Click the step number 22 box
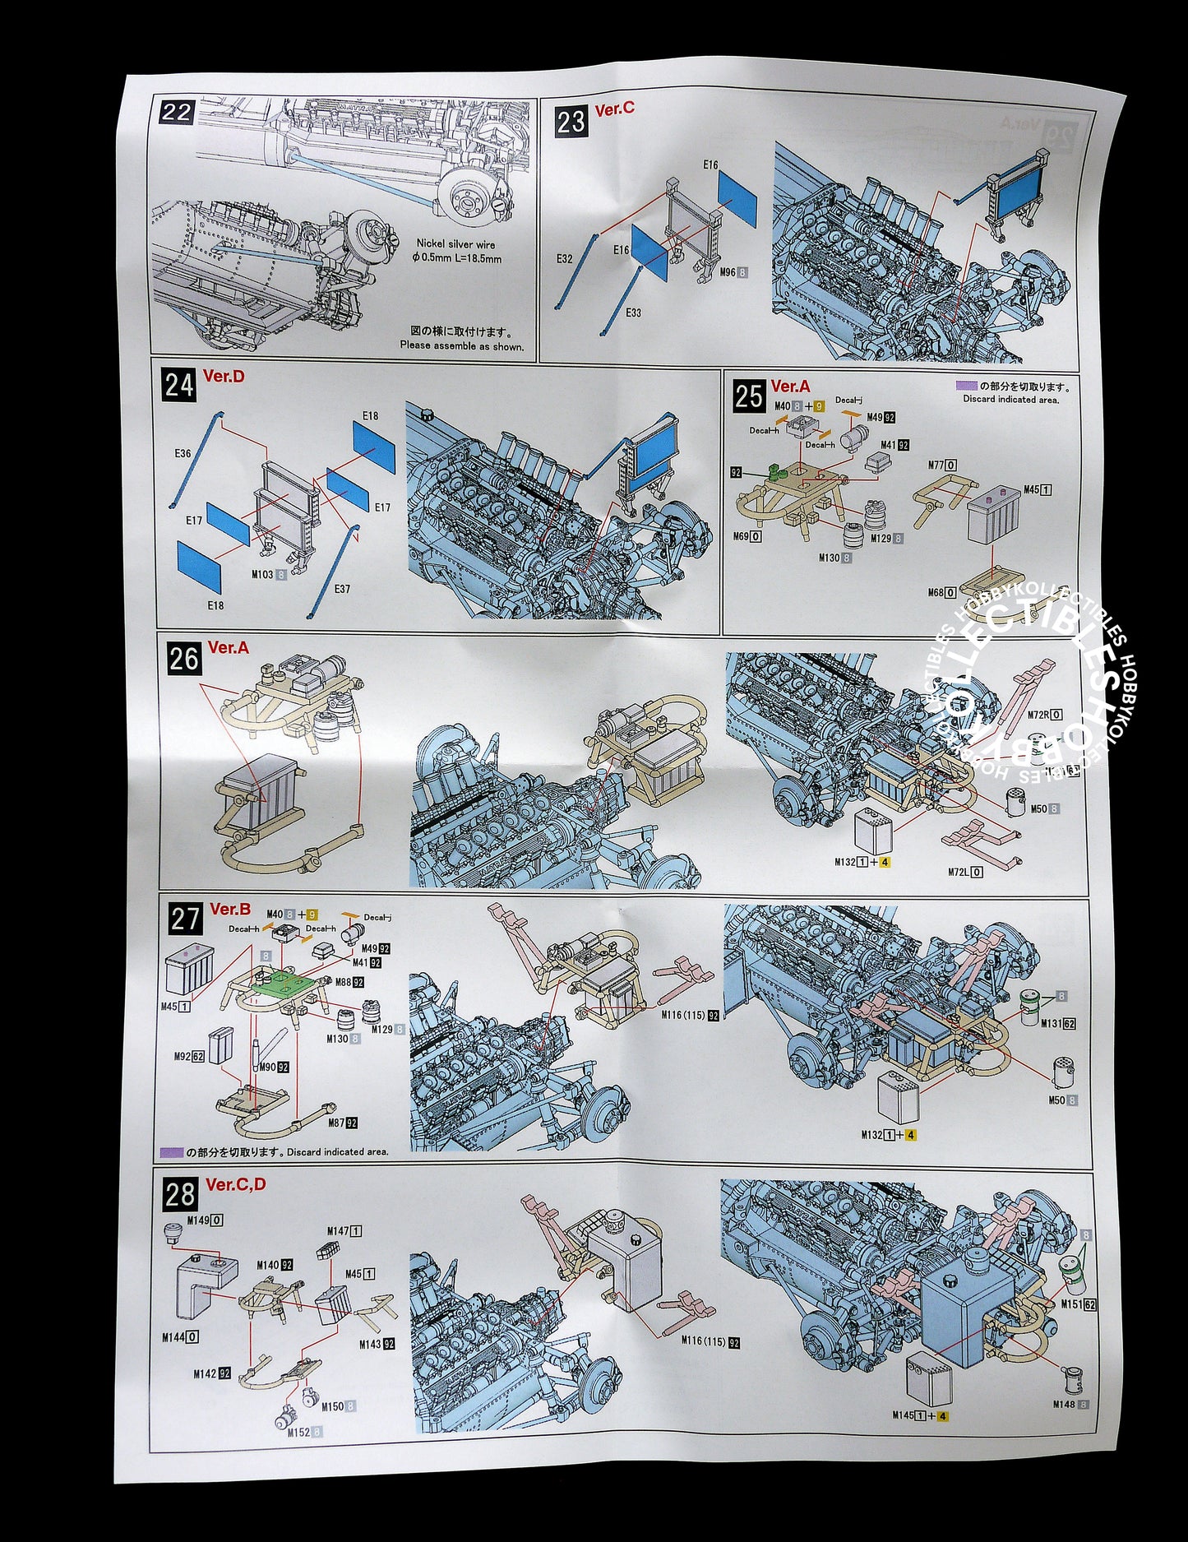coord(176,113)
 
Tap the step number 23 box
coord(571,122)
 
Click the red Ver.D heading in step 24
coord(224,377)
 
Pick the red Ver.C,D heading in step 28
coord(236,1184)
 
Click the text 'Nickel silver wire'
coord(455,244)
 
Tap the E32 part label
coord(564,259)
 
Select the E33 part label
coord(633,313)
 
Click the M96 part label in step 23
coord(728,272)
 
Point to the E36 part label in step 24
coord(183,453)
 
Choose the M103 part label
coord(263,575)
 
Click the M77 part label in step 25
coord(936,465)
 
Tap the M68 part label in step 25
coord(936,592)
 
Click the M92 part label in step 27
coord(183,1056)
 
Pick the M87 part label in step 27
coord(336,1123)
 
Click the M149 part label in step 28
coord(198,1220)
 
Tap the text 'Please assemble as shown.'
coord(461,345)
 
